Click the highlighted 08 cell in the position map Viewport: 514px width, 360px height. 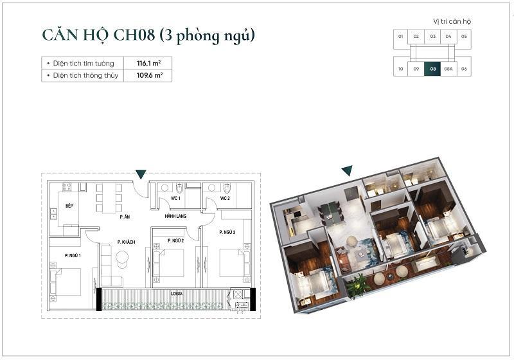click(433, 68)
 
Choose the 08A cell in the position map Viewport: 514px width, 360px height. click(448, 68)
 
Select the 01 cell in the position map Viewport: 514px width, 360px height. click(400, 37)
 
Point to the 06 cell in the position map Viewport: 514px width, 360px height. click(464, 68)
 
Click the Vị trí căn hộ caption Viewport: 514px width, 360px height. click(452, 21)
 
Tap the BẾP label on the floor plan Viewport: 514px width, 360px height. click(69, 206)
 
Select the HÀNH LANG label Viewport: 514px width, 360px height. click(175, 217)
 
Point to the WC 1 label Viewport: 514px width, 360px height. click(175, 199)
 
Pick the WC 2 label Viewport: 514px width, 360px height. click(225, 199)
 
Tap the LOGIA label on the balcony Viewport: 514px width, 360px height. click(177, 292)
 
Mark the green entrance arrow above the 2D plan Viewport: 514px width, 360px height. click(141, 174)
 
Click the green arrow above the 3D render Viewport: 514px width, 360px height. click(347, 170)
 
